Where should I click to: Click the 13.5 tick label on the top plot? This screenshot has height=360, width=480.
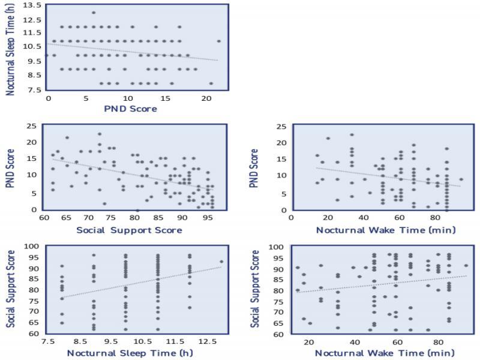(32, 5)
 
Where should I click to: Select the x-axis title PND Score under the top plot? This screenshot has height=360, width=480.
(130, 109)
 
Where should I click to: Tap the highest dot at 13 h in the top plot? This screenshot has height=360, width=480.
(94, 13)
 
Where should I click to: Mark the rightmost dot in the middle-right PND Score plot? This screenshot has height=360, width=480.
(461, 179)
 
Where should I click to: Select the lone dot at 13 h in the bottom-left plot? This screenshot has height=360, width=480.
(221, 262)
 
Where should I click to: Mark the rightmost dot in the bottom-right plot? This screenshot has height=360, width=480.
(466, 265)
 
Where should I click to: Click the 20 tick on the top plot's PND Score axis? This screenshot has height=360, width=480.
(206, 98)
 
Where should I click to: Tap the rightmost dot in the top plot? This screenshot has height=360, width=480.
(218, 41)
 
